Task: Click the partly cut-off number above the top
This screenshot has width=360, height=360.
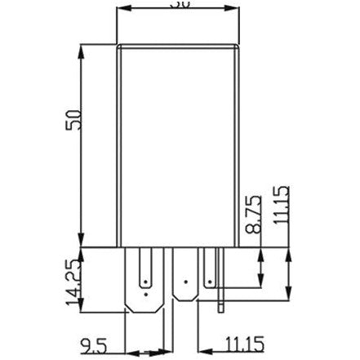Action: pyautogui.click(x=180, y=4)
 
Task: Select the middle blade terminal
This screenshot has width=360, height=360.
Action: pyautogui.click(x=185, y=282)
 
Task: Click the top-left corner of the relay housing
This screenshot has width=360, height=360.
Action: pyautogui.click(x=118, y=46)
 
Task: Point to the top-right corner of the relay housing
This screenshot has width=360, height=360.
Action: pyautogui.click(x=241, y=46)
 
